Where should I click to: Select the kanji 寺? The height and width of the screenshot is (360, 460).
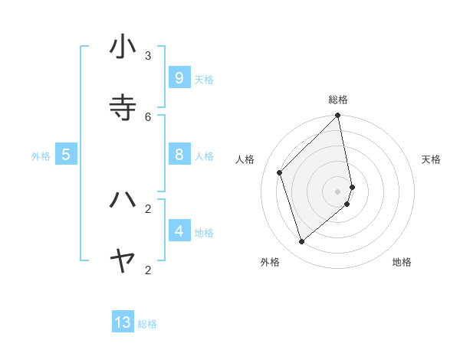coord(123,107)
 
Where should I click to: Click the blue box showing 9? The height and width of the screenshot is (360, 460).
coord(179,77)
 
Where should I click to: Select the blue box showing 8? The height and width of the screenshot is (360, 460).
coord(179,155)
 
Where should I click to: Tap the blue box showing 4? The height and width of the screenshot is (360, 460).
coord(179,231)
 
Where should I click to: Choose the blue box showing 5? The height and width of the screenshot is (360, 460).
coord(66,154)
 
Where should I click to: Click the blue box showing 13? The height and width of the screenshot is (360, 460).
coord(123,322)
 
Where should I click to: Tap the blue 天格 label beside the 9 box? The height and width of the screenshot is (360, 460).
coord(204,79)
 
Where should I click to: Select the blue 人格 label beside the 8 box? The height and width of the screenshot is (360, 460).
coord(204,156)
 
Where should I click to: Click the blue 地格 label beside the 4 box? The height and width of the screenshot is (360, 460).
coord(204,232)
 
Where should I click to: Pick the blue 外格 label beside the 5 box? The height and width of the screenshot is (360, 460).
coord(41,156)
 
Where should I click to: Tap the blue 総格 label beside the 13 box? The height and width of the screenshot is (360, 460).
coord(147,324)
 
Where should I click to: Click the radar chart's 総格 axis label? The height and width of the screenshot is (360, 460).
coord(338,100)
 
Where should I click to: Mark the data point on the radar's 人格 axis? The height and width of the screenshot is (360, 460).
coord(280,172)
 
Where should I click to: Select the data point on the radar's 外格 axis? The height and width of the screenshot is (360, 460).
coord(302,242)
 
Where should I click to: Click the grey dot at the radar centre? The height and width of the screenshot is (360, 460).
coord(338,191)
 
